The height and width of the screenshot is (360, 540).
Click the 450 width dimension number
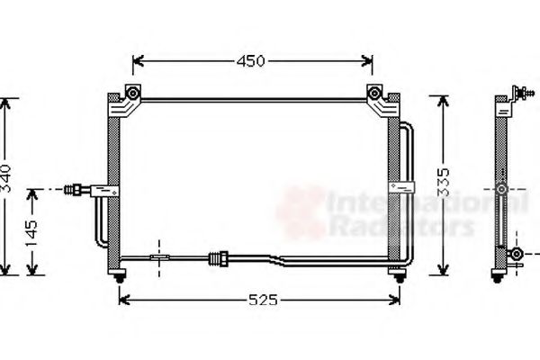[x=251, y=61]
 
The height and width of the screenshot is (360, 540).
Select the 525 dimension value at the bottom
[x=259, y=299]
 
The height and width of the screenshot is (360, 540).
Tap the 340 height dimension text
[x=7, y=180]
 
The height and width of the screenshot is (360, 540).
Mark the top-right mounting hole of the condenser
[x=373, y=93]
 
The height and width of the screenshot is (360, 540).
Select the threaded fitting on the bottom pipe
[x=217, y=258]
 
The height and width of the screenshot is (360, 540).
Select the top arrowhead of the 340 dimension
[x=7, y=100]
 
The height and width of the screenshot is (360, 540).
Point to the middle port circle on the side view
[x=501, y=191]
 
